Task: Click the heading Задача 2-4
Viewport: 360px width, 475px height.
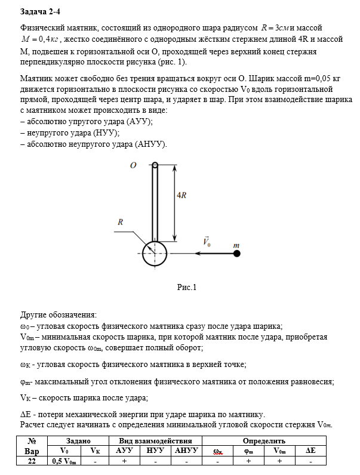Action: coord(39,11)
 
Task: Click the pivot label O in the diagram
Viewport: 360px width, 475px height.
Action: coord(134,165)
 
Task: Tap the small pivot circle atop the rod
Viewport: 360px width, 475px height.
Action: coord(155,165)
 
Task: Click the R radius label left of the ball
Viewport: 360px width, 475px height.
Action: coord(120,221)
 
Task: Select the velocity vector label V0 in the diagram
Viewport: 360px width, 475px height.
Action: coord(207,243)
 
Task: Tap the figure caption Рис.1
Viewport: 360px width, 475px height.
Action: coord(187,287)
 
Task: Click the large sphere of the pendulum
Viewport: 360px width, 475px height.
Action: coord(155,254)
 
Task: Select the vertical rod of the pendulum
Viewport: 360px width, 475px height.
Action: coord(155,203)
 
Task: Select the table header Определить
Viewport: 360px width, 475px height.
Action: coord(264,440)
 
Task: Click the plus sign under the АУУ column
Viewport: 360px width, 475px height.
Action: coord(124,461)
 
